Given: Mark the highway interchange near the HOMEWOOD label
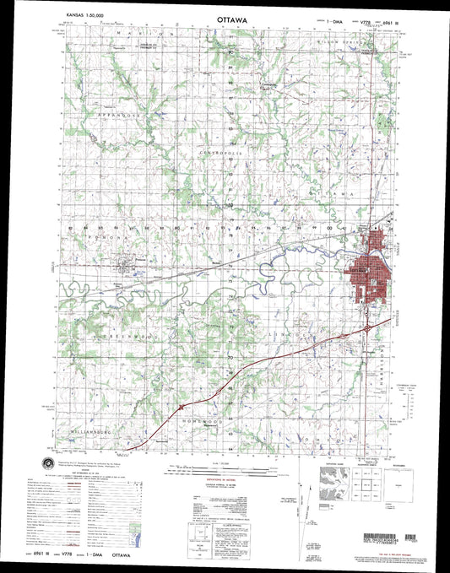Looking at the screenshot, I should click(183, 408).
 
